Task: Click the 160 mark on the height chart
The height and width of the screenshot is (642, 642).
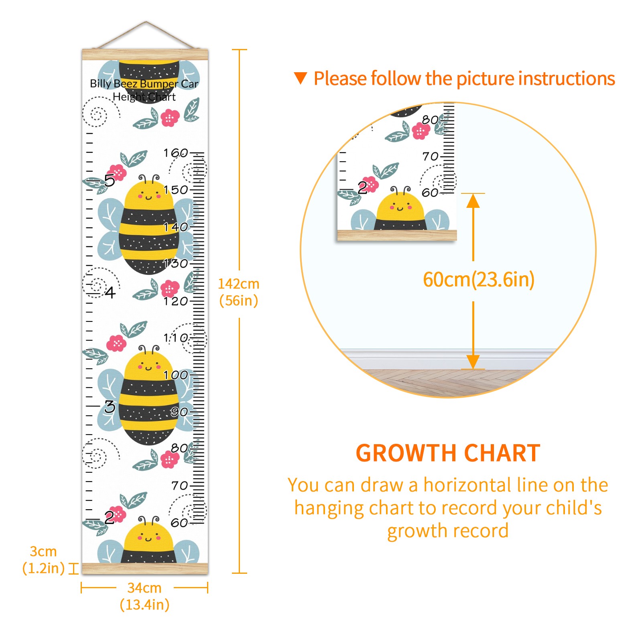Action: coord(176,153)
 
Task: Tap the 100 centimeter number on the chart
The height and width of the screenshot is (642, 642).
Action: coord(176,375)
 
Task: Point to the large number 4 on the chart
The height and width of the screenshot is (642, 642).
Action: coord(110,292)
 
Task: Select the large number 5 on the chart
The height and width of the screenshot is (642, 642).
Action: coord(110,181)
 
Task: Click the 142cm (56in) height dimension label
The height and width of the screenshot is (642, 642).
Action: coord(239,292)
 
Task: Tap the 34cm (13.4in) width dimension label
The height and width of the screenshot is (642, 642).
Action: coord(144,596)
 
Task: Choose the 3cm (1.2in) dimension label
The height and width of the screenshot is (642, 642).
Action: coord(43,560)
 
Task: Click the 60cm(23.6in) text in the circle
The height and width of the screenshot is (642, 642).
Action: coord(479,280)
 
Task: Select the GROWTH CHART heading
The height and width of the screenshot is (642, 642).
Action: coord(448,453)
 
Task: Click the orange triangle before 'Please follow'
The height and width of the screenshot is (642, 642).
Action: coord(301,78)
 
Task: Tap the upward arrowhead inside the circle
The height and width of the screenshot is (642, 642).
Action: coord(473,201)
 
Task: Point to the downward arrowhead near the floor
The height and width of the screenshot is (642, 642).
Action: coord(473,362)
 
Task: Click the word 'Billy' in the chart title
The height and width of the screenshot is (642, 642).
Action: coord(100,83)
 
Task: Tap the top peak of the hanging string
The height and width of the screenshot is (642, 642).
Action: coord(146,22)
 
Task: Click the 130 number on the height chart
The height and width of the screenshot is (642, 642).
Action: coord(176,264)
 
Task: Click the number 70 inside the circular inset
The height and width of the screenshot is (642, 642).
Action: coord(431,156)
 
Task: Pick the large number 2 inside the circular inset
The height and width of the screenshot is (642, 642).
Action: coord(362,187)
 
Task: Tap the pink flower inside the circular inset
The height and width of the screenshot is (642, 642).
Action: coord(421,131)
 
